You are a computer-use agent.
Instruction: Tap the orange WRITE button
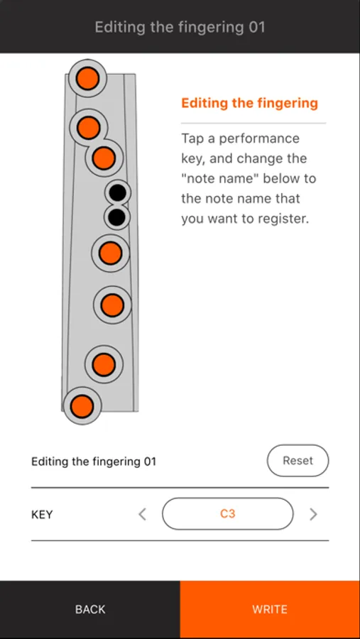(x=270, y=610)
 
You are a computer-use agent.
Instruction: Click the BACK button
(x=90, y=610)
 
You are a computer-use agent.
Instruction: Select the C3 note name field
(x=227, y=514)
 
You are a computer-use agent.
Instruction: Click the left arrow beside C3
(x=142, y=514)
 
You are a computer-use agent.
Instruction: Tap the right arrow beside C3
(x=313, y=514)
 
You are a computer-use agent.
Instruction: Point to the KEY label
(x=42, y=515)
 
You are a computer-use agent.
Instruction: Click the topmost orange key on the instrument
(x=87, y=78)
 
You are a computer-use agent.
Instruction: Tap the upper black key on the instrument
(x=118, y=192)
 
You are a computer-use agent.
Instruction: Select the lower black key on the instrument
(x=117, y=217)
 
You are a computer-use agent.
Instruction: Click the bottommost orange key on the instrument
(x=82, y=406)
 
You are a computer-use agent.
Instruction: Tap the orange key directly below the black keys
(x=110, y=253)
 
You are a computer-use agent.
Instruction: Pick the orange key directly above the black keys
(x=104, y=158)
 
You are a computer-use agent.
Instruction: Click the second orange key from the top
(x=89, y=128)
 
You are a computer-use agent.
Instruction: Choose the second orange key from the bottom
(x=104, y=364)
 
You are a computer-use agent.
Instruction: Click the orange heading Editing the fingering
(x=249, y=103)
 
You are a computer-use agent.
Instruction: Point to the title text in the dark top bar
(x=180, y=27)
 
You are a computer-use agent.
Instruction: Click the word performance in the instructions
(x=259, y=139)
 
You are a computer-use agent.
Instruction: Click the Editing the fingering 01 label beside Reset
(x=94, y=461)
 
